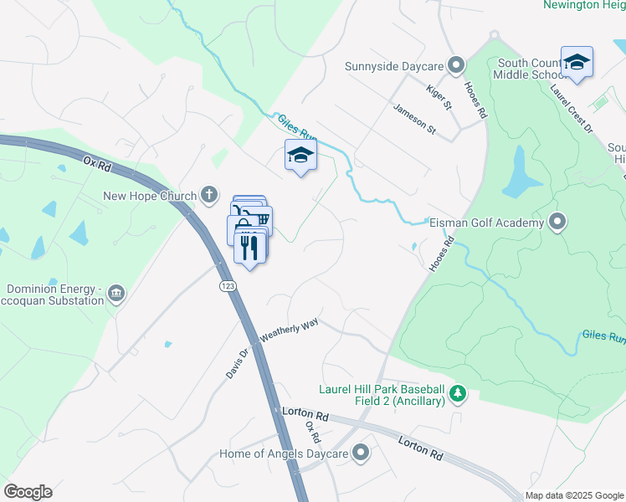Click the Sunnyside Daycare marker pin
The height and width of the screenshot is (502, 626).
tap(456, 65)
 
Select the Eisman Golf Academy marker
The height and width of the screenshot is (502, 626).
tap(557, 223)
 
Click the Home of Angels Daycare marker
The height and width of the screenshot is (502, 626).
tap(361, 453)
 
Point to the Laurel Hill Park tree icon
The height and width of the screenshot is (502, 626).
tap(457, 393)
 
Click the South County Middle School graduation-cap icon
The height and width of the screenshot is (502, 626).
tap(577, 63)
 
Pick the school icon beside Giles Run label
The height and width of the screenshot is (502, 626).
tap(301, 155)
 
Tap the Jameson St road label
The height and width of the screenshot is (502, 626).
tap(415, 118)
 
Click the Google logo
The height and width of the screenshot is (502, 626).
tap(28, 492)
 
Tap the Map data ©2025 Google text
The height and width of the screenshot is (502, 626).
tap(573, 495)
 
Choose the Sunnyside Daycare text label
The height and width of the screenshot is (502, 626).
tap(393, 65)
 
